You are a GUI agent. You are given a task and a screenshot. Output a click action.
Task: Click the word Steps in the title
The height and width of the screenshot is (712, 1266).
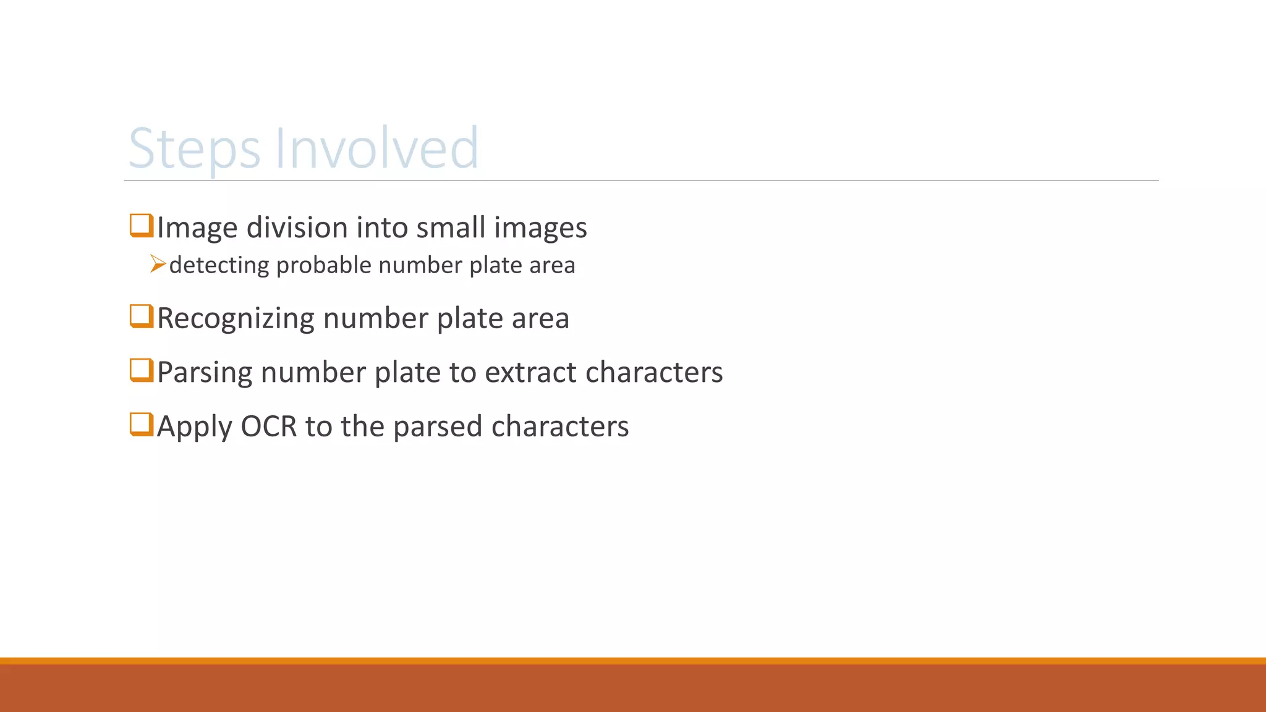pos(194,148)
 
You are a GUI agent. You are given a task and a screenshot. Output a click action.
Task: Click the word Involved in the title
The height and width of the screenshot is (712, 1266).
pos(376,148)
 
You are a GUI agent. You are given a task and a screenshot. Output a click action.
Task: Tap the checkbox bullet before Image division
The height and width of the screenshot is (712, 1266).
pos(142,226)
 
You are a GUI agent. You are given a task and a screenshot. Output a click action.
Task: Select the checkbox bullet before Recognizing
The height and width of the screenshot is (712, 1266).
pos(142,316)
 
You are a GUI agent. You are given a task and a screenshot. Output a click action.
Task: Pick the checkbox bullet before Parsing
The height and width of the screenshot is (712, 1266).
pos(142,370)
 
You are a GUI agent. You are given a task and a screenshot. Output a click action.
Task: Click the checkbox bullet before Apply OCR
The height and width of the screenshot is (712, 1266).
pos(142,425)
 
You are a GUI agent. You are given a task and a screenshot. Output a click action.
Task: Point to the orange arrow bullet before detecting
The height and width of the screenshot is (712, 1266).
pos(158,265)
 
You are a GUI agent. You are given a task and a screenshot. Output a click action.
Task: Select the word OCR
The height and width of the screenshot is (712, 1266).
pos(269,426)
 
